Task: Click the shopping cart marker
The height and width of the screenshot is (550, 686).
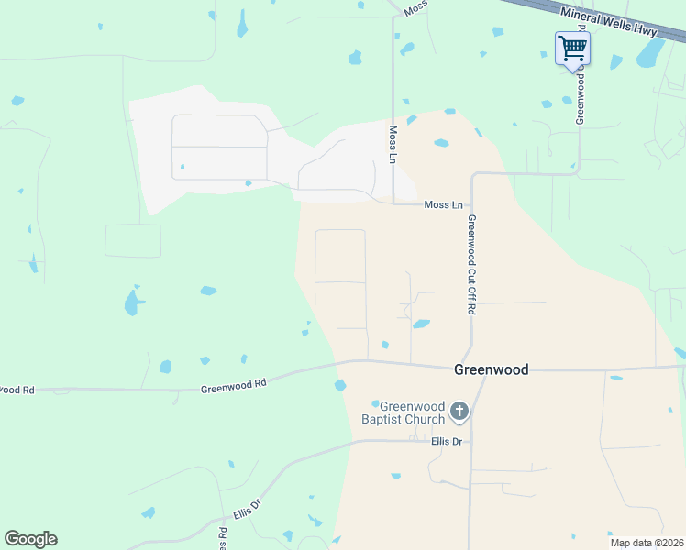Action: tap(572, 48)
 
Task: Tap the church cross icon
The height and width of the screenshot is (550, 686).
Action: tap(459, 412)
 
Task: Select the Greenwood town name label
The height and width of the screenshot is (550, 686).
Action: tap(492, 369)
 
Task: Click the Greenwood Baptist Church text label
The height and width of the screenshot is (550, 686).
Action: tap(412, 412)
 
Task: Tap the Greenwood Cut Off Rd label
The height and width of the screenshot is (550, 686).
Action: tap(470, 265)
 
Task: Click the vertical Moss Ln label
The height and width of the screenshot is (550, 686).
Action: tap(393, 145)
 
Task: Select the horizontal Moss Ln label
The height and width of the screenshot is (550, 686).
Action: tap(444, 205)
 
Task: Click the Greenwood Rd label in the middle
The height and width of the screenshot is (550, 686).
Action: tap(233, 386)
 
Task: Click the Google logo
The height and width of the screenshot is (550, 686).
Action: tap(30, 539)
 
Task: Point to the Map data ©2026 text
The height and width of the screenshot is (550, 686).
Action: tap(647, 543)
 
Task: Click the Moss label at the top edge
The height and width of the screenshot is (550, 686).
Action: tap(415, 6)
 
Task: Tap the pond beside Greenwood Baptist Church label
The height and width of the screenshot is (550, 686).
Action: tap(375, 403)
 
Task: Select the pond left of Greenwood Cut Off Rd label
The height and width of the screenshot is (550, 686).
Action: tap(421, 324)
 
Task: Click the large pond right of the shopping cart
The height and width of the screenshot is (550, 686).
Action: tap(649, 55)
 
